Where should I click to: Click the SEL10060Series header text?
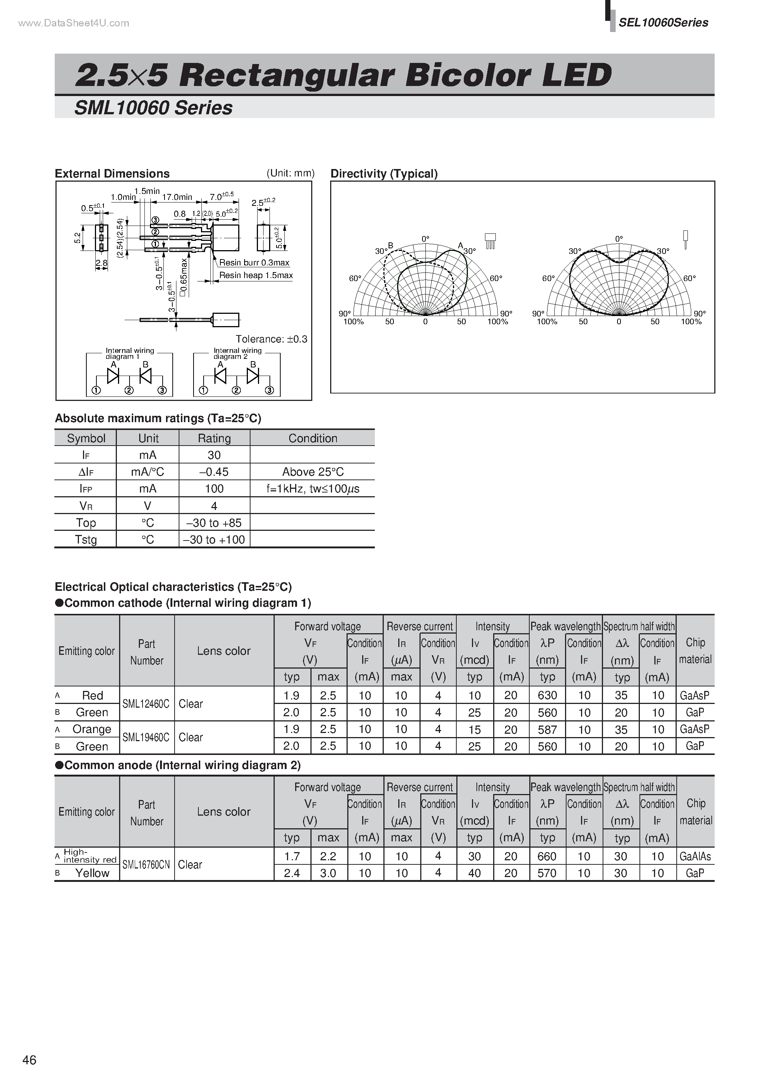(663, 23)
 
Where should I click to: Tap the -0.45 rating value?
(214, 472)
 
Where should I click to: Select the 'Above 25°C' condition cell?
(313, 472)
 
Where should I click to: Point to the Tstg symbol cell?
(86, 540)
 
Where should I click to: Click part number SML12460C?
(146, 704)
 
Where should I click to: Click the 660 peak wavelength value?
(547, 857)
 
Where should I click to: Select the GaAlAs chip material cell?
(695, 857)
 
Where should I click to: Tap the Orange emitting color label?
(92, 730)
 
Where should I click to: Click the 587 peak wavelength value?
(547, 730)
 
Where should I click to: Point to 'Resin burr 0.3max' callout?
(254, 263)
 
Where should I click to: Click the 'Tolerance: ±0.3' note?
(271, 339)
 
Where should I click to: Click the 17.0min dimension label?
(177, 197)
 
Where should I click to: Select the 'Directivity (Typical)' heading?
(383, 174)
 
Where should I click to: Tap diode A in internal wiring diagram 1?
(113, 376)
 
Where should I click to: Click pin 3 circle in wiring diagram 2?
(269, 391)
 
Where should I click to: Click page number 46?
(29, 1060)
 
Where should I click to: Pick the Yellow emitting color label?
(92, 873)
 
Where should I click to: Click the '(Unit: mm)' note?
(290, 173)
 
